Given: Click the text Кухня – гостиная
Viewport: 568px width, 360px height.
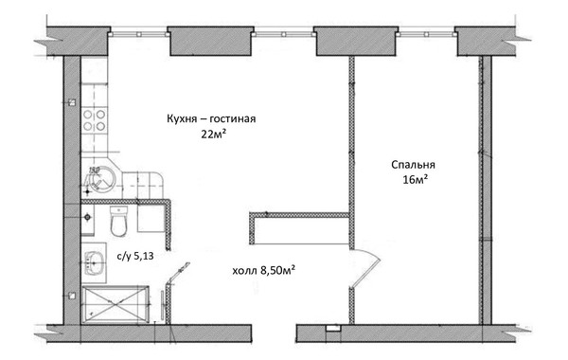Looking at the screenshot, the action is (x=211, y=119).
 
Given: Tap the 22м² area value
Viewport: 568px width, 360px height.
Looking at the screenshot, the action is (x=214, y=135).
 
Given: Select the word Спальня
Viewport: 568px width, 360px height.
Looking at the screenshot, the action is (x=413, y=165).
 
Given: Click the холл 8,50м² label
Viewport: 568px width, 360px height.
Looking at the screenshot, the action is (x=263, y=270).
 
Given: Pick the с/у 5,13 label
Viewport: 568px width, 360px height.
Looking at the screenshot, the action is (x=135, y=256).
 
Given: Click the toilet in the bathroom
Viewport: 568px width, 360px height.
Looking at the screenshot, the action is (x=118, y=221).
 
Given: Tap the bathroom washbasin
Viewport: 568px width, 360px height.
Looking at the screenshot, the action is (x=94, y=262).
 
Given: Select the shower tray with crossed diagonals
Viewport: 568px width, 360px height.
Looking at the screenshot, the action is (x=115, y=304).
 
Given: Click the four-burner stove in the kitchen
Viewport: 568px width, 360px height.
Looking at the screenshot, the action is (x=94, y=120).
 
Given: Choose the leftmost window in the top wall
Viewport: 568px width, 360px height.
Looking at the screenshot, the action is (x=139, y=34).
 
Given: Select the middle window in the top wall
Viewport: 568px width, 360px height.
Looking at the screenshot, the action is (x=284, y=34).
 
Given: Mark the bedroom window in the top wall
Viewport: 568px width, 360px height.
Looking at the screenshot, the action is (x=426, y=34).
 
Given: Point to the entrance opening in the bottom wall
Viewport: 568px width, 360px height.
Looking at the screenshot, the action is (x=275, y=333).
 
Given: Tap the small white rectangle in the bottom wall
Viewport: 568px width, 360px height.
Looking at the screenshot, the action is (x=332, y=328).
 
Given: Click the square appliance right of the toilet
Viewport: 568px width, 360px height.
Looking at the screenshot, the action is (x=150, y=219).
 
